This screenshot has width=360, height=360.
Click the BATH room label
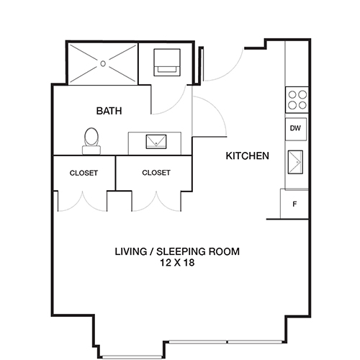(109, 112)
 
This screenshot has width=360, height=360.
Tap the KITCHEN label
(248, 156)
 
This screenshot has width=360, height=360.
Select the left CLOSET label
(84, 173)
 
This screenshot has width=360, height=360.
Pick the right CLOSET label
(156, 173)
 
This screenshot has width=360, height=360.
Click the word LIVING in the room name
(132, 252)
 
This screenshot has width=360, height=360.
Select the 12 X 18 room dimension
(177, 264)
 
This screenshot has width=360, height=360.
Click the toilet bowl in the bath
(91, 136)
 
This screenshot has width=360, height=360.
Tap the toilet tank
(91, 150)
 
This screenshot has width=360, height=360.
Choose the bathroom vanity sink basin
(156, 142)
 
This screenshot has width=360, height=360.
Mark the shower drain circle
(102, 63)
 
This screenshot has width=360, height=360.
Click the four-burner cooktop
(297, 99)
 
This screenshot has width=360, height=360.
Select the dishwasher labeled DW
(295, 129)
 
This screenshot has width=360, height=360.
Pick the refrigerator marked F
(294, 204)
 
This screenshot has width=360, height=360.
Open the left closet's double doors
(83, 202)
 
